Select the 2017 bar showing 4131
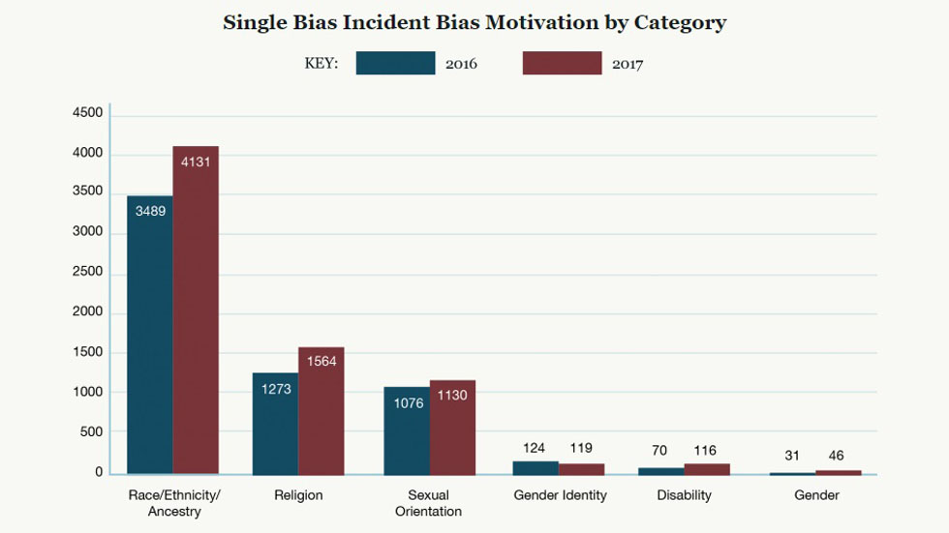[196, 310]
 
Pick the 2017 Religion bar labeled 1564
[321, 410]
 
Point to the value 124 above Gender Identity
[535, 448]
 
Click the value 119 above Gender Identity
[581, 448]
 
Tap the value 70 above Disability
[660, 451]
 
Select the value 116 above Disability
[706, 451]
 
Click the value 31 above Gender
[792, 456]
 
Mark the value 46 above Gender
[837, 456]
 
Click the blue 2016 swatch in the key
[395, 64]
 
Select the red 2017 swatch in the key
[562, 64]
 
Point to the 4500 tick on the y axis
[87, 113]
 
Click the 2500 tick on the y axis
[87, 272]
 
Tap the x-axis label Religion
[298, 495]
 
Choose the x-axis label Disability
[684, 495]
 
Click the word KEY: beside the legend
[321, 65]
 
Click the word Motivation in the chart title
[543, 22]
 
